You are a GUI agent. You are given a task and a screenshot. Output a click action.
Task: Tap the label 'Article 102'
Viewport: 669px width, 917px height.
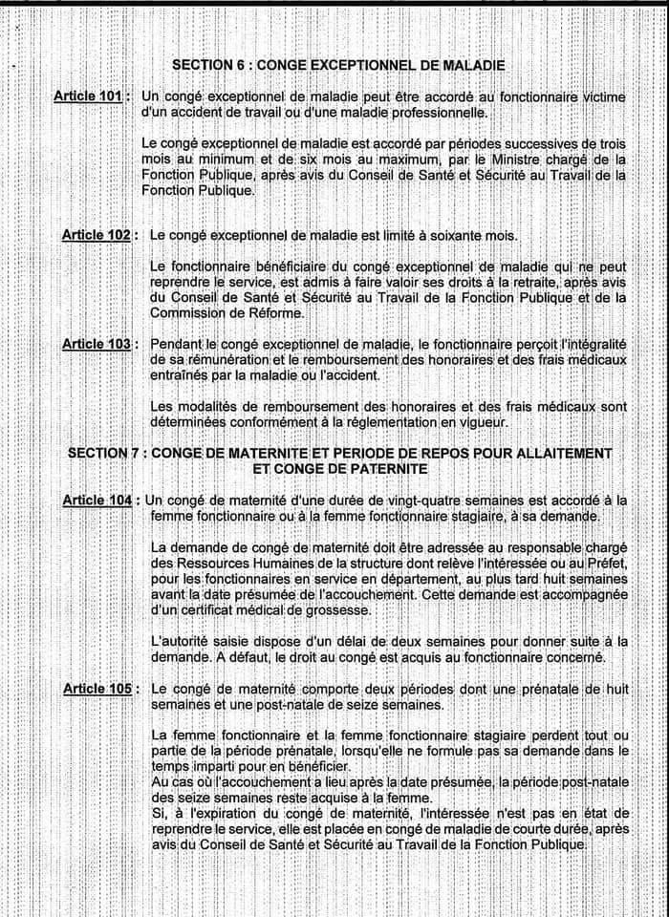tap(96, 235)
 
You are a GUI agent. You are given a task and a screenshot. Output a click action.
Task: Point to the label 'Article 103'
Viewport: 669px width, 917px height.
tap(96, 344)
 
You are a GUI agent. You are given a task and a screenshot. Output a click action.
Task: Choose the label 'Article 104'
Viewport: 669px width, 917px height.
tap(97, 500)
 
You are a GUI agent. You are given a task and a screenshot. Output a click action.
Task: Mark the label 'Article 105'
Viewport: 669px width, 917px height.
tap(96, 688)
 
